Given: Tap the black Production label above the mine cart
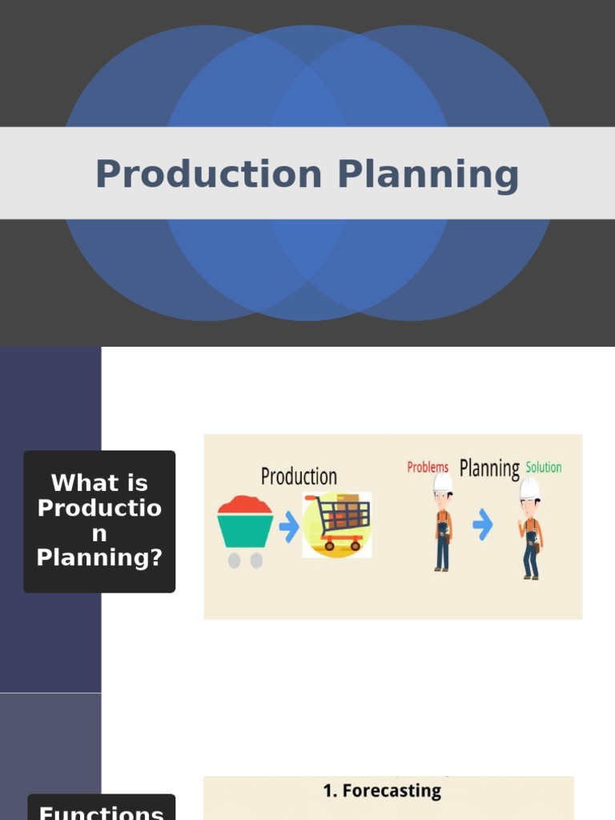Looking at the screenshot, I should [299, 477].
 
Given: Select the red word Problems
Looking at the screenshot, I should [428, 467].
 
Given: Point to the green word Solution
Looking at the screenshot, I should [544, 467].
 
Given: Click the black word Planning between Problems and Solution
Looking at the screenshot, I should [489, 468].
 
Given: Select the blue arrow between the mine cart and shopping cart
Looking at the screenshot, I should [289, 526].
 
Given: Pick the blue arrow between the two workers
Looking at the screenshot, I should [482, 525].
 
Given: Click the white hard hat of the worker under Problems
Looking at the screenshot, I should [443, 483].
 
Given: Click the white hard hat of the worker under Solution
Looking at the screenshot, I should [529, 488].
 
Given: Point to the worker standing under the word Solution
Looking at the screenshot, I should [529, 533].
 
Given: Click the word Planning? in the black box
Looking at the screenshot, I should [99, 558].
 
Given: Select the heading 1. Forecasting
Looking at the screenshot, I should [382, 790].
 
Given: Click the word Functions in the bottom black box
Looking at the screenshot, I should [101, 812].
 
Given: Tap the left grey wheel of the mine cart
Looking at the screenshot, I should [234, 561].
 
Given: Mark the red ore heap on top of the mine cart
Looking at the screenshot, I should [245, 504].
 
